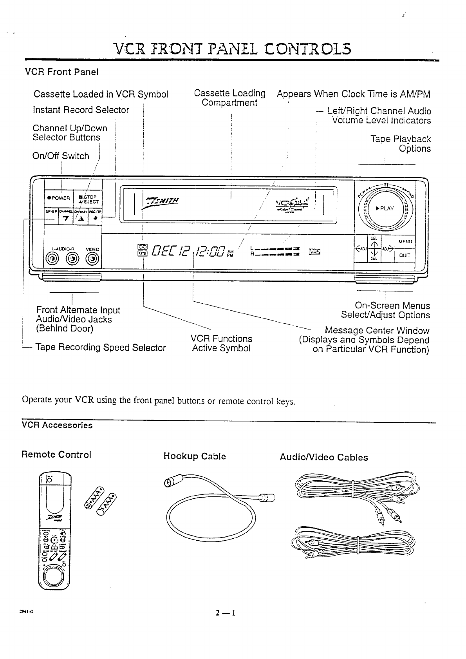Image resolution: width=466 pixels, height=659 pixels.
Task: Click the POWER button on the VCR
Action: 59,198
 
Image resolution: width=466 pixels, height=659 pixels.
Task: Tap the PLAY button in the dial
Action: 385,208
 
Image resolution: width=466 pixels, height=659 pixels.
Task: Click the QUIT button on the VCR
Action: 405,255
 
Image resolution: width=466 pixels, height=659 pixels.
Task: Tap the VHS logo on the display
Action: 314,251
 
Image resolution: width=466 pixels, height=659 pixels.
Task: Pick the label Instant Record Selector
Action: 81,110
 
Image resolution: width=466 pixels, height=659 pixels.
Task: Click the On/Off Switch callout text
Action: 61,156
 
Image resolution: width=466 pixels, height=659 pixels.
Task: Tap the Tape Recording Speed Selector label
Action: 101,348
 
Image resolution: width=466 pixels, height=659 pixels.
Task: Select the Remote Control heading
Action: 56,454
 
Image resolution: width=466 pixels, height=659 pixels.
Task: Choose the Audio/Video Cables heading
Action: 324,457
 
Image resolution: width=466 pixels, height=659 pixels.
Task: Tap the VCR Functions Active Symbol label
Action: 221,344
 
